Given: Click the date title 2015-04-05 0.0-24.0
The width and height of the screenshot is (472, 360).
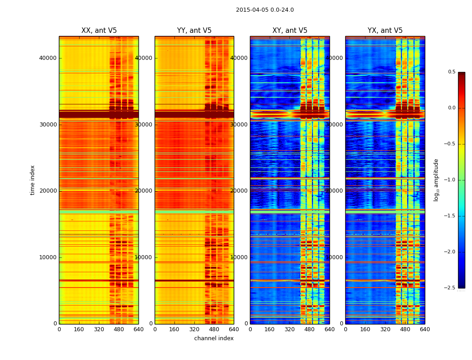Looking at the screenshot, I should click(x=265, y=10).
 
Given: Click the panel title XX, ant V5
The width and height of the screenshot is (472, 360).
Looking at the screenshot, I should click(x=99, y=31).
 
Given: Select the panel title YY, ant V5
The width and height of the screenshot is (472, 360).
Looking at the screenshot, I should click(x=194, y=31).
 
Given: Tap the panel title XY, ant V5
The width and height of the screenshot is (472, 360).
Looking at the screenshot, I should click(x=290, y=31).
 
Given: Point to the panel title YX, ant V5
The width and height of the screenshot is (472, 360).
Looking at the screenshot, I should click(x=385, y=31).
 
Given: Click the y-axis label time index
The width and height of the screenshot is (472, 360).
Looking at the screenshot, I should click(x=32, y=180).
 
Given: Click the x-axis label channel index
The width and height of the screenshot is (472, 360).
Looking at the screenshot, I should click(x=214, y=338).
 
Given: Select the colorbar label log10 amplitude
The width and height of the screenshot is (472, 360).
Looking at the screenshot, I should click(x=436, y=180).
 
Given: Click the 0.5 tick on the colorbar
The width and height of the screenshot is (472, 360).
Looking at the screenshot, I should click(x=451, y=72).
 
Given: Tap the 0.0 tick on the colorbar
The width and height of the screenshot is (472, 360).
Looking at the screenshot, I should click(x=451, y=108).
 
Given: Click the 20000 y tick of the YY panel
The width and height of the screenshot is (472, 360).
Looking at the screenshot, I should click(x=144, y=190).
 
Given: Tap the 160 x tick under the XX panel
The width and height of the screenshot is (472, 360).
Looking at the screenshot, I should click(x=79, y=329).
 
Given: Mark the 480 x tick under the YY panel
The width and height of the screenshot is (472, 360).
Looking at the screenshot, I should click(x=214, y=329).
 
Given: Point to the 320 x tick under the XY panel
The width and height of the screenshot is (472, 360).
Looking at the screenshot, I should click(x=289, y=329).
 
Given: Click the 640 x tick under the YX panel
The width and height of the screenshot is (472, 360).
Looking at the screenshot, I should click(x=425, y=329).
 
